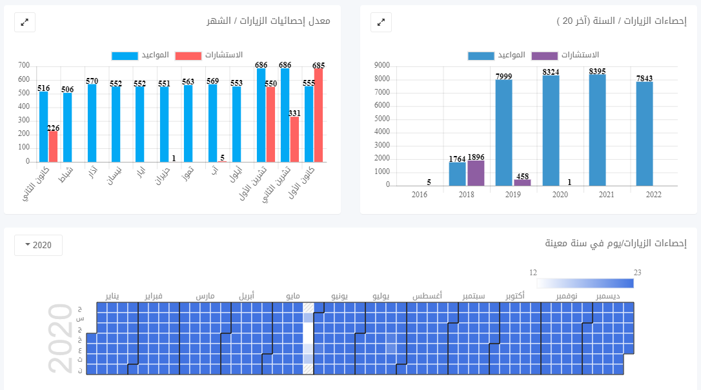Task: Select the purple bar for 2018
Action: click(476, 173)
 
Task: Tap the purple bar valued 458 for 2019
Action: click(522, 182)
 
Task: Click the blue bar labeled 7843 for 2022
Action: click(644, 133)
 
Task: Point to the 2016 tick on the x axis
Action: click(420, 194)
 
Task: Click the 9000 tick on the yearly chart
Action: click(381, 66)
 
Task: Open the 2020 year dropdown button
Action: click(38, 245)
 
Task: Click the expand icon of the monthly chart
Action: click(25, 22)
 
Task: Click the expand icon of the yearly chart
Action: click(381, 22)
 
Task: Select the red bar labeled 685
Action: click(318, 115)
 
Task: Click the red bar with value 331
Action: click(294, 139)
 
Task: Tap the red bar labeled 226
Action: click(53, 146)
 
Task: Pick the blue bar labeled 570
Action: click(92, 123)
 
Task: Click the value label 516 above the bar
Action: click(44, 88)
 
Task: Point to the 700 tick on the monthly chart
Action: click(24, 66)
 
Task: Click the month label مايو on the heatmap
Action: click(292, 296)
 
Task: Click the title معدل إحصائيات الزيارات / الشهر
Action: click(269, 21)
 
